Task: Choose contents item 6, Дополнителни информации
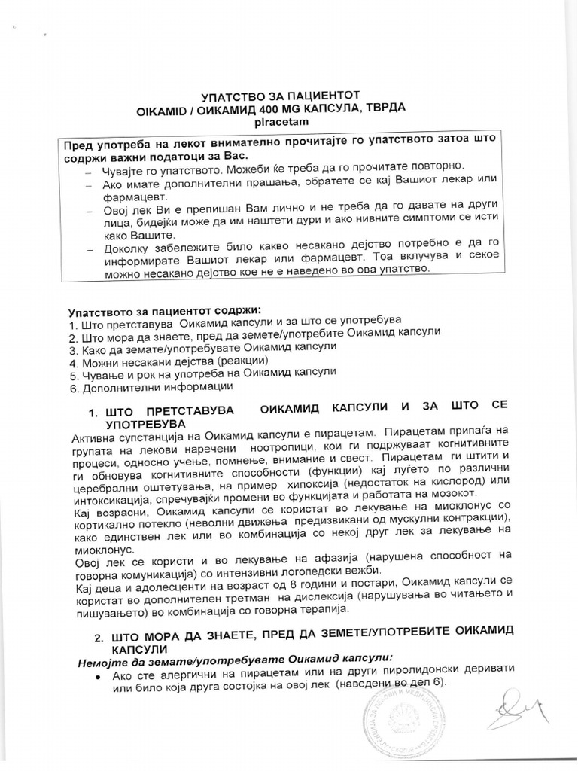(151, 387)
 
